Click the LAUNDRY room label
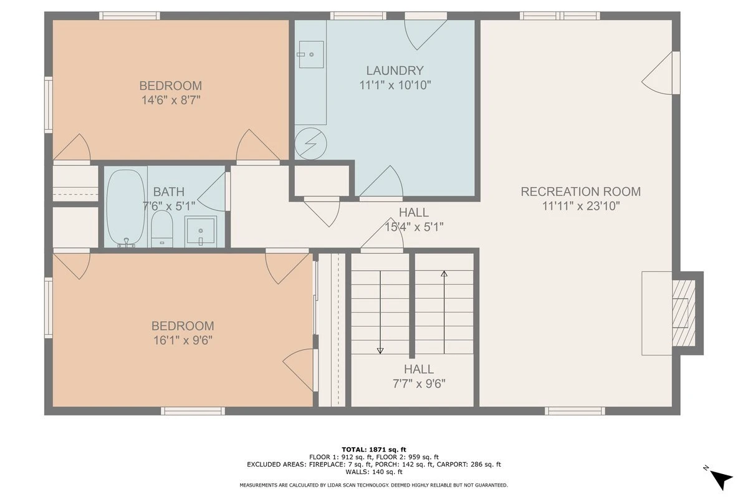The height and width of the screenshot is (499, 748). [x=395, y=70]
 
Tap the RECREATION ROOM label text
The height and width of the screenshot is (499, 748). [x=581, y=191]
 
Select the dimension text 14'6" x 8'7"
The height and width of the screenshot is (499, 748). [x=171, y=100]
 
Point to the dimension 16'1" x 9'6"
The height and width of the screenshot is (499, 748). [x=183, y=340]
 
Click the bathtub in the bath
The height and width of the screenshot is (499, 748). [x=126, y=208]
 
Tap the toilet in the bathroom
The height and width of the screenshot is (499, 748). [x=162, y=229]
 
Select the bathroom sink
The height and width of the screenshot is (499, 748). [x=200, y=231]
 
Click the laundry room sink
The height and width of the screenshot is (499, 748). [x=311, y=54]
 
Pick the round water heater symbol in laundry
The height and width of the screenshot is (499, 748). [x=310, y=143]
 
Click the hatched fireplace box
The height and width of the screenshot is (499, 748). [x=684, y=313]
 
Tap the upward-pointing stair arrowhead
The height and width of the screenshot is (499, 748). [x=444, y=274]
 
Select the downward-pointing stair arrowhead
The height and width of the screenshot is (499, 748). [x=380, y=351]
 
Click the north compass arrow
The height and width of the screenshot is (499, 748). [x=721, y=480]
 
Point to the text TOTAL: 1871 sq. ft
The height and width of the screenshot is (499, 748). [x=374, y=450]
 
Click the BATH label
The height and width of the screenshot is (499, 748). [x=169, y=192]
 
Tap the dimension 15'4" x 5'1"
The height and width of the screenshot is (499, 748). [x=414, y=227]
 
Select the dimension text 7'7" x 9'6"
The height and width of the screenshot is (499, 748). [x=419, y=384]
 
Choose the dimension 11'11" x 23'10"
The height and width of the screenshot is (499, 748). [x=581, y=206]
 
